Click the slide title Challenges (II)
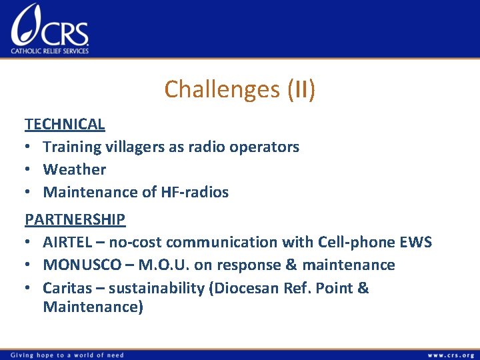(239, 89)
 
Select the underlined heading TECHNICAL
(65, 123)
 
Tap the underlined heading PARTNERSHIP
(75, 219)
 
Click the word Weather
(75, 169)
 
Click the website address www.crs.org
(450, 355)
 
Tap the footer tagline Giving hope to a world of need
(64, 355)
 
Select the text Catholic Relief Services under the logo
(49, 51)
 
